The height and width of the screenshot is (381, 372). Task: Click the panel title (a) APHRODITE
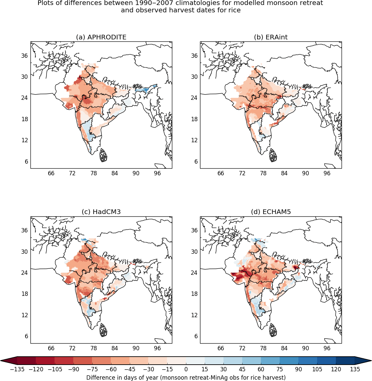(101, 37)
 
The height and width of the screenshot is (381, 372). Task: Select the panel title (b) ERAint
(271, 37)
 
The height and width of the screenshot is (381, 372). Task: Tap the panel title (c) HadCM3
(101, 212)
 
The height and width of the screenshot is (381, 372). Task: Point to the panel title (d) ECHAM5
(271, 212)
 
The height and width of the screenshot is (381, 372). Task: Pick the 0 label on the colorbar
(186, 369)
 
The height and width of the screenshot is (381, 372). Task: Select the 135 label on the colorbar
(355, 369)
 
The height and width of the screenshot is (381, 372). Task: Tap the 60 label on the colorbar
(261, 369)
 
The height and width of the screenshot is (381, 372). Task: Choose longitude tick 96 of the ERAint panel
(327, 173)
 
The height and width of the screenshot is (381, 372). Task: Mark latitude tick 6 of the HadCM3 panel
(27, 336)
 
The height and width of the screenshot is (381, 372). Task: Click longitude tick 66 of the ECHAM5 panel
(221, 348)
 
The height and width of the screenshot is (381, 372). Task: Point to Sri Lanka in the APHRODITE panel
(104, 156)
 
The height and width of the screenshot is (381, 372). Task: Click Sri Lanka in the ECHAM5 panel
(273, 330)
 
